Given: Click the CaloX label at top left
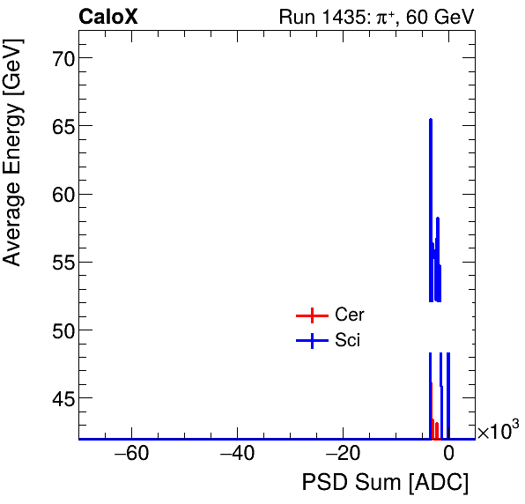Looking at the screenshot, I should [108, 17].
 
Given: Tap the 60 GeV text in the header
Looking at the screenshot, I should [444, 17].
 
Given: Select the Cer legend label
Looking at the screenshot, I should [350, 315].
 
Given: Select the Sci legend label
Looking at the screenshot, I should [348, 341].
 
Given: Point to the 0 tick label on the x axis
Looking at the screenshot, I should [448, 455].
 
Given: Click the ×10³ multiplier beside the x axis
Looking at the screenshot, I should [498, 432].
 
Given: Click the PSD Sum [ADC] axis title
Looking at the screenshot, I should [385, 484].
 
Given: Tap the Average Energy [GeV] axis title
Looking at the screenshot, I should [12, 167].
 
